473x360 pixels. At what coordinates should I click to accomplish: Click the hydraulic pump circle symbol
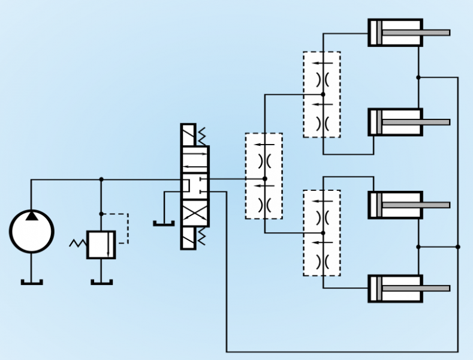tap(32, 232)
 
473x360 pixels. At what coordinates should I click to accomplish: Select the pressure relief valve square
tap(101, 244)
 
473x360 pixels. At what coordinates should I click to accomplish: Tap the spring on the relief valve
tap(79, 244)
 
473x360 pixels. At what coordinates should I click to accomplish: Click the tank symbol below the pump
tap(32, 281)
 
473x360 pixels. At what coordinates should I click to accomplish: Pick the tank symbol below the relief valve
tap(101, 281)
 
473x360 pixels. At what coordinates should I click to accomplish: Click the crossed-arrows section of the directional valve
tap(195, 214)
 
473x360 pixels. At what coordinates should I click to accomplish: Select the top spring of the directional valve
tap(202, 136)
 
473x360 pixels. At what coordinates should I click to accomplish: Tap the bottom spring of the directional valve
tap(202, 237)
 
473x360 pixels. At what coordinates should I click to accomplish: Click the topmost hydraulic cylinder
tap(395, 32)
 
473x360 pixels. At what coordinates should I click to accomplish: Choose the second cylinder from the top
tap(395, 122)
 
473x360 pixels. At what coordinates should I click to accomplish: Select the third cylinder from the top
tap(395, 205)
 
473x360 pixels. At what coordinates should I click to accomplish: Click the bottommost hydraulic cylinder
tap(395, 288)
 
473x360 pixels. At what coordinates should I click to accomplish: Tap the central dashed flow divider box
tap(264, 176)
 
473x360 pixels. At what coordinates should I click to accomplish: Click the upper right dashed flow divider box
tap(322, 94)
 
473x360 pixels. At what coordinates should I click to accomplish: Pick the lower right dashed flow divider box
tap(322, 233)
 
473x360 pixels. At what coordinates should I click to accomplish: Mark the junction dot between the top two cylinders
tap(418, 77)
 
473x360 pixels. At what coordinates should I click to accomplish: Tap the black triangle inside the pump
tap(32, 215)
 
